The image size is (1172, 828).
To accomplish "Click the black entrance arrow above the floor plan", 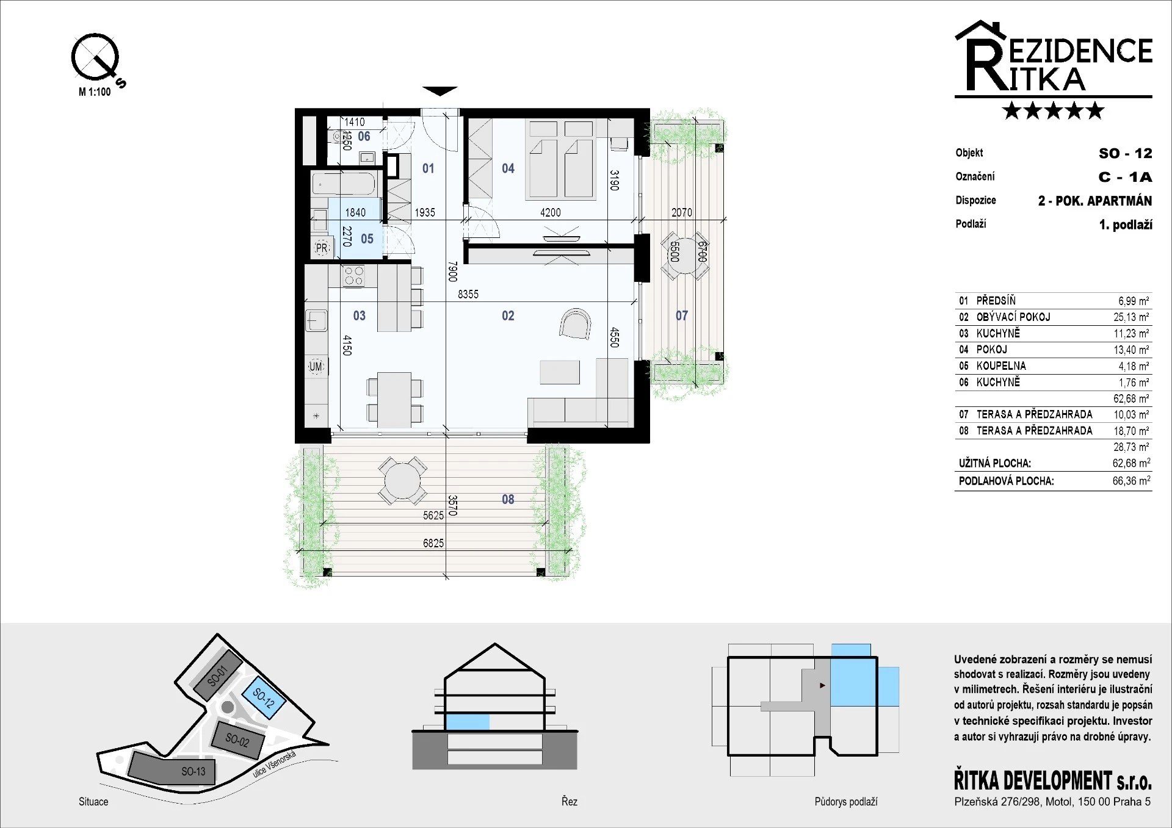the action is pyautogui.click(x=440, y=91).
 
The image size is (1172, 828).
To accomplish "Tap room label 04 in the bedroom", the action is pyautogui.click(x=508, y=168).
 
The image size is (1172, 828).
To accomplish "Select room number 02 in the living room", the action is pyautogui.click(x=508, y=315).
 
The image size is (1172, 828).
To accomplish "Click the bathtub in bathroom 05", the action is pyautogui.click(x=343, y=183).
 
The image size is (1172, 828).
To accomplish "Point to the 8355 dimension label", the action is pyautogui.click(x=468, y=294).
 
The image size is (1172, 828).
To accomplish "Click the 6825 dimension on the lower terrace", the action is pyautogui.click(x=433, y=543).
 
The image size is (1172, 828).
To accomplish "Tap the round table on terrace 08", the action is pyautogui.click(x=402, y=480).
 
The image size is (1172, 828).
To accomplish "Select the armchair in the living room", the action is pyautogui.click(x=575, y=323).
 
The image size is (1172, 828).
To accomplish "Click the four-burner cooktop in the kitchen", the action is pyautogui.click(x=353, y=276).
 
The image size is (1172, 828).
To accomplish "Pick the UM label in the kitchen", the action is pyautogui.click(x=316, y=367).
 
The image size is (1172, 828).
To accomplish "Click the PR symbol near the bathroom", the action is pyautogui.click(x=322, y=248).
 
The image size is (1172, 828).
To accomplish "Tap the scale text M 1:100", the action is pyautogui.click(x=95, y=92).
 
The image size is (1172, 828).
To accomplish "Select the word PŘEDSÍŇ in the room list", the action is pyautogui.click(x=996, y=300).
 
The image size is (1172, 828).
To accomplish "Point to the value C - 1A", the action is pyautogui.click(x=1125, y=177).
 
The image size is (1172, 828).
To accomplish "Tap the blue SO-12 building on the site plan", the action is pyautogui.click(x=264, y=696).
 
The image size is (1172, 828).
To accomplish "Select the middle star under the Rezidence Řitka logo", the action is pyautogui.click(x=1054, y=110).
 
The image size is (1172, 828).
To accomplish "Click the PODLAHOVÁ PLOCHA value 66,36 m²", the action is pyautogui.click(x=1131, y=481).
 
